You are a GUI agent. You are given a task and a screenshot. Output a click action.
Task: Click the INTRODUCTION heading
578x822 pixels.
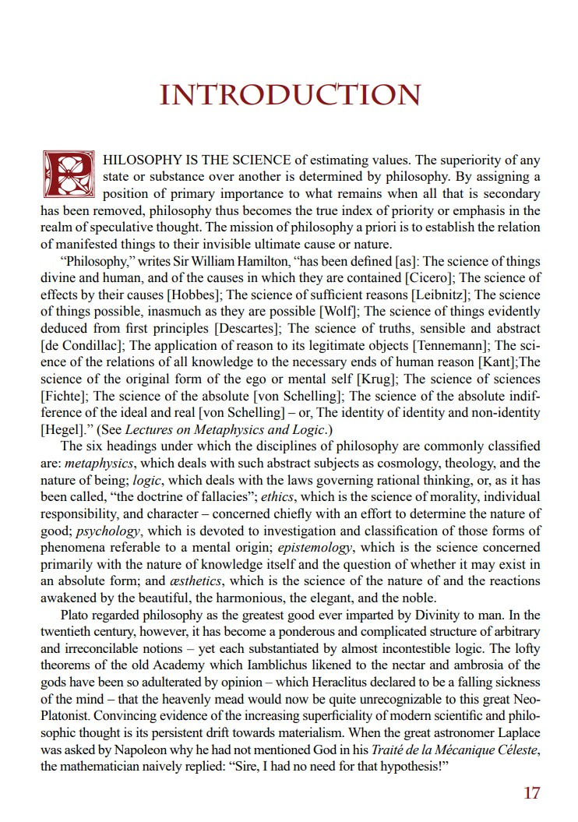click(x=290, y=95)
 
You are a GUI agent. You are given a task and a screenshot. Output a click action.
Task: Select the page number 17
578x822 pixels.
click(x=531, y=793)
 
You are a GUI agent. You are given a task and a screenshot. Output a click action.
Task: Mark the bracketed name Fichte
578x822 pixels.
click(x=63, y=396)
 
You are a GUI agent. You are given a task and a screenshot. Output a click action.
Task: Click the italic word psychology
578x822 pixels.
click(x=108, y=531)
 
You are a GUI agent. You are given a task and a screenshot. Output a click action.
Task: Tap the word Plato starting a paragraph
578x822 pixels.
click(x=77, y=615)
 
